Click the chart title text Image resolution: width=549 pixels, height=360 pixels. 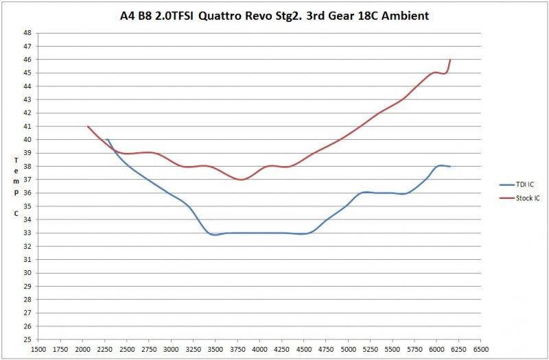coord(274,15)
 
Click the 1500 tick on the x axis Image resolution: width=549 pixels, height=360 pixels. coord(38,349)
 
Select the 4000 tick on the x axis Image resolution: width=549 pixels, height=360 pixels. coord(259,349)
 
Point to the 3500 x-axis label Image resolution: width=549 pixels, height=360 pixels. coord(215,349)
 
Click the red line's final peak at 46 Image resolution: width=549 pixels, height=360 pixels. coord(450,60)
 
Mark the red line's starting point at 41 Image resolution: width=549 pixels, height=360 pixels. coord(88,126)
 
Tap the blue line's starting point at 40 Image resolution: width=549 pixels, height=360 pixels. coord(106,139)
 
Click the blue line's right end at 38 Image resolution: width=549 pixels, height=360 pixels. coord(449,167)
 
